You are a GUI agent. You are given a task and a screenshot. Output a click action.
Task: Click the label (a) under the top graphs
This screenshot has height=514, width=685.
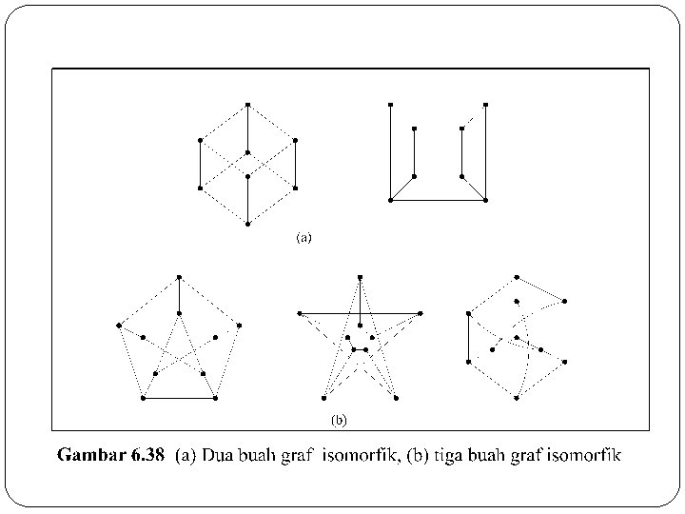tap(303, 238)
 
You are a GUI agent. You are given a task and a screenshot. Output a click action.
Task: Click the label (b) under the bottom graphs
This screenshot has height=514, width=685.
tap(339, 419)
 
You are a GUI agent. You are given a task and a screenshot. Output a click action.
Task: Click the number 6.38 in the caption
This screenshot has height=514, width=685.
tap(147, 456)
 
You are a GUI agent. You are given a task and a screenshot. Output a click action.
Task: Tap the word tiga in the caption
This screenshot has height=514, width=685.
tap(450, 456)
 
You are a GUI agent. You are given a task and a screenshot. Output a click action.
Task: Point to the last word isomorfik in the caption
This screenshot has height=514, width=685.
tap(586, 456)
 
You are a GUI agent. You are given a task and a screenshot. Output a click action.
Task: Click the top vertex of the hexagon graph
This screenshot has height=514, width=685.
tap(247, 104)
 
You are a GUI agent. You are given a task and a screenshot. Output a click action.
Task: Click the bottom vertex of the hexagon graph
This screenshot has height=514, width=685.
tap(247, 224)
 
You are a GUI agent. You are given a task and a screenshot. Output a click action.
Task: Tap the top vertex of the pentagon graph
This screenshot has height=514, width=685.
tap(179, 277)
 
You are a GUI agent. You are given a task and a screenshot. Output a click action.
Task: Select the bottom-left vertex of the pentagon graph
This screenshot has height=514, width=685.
tap(143, 398)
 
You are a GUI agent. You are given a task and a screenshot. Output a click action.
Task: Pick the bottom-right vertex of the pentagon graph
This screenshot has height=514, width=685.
tap(216, 398)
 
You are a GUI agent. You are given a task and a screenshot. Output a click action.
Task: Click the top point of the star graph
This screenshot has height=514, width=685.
tap(360, 277)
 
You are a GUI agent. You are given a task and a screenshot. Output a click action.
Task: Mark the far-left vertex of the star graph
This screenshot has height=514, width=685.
tap(300, 312)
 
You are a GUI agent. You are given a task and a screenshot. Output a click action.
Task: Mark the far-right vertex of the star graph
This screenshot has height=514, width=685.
tap(420, 312)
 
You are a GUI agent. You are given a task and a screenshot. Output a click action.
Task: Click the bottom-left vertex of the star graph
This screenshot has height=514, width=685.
tap(323, 397)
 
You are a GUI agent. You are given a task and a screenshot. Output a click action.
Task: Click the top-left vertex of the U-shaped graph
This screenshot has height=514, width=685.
tap(390, 104)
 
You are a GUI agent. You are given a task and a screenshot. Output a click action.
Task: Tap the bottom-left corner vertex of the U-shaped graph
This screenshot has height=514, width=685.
tap(390, 200)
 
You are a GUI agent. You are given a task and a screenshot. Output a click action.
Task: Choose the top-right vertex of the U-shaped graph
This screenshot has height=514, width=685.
tap(485, 104)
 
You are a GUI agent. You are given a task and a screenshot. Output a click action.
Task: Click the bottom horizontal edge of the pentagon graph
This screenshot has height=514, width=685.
tap(179, 398)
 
